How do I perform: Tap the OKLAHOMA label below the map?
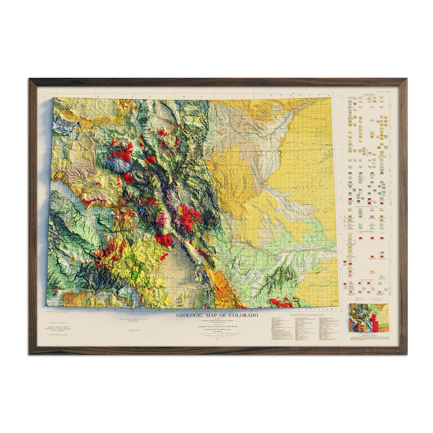click(316, 310)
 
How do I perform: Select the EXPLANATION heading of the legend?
click(370, 94)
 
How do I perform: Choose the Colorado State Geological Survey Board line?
click(216, 327)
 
